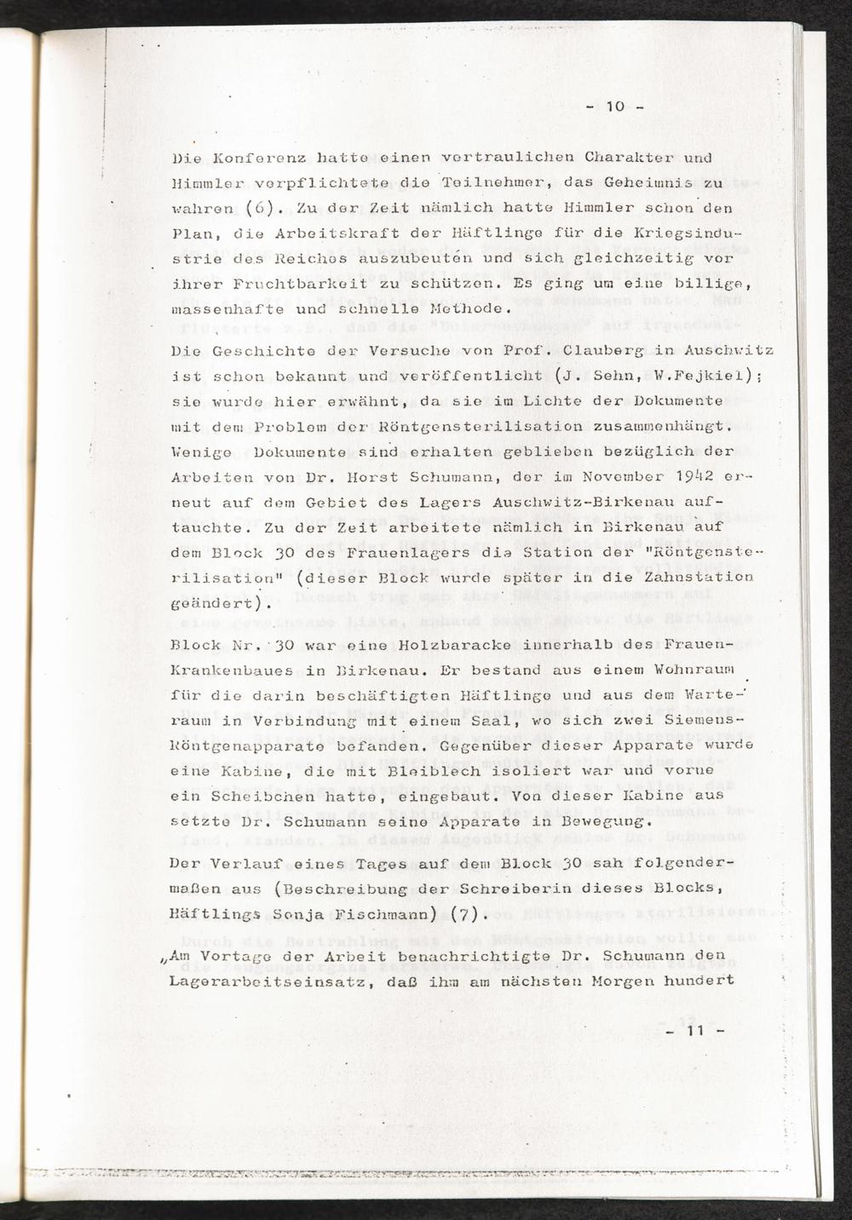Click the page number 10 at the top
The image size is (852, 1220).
[615, 107]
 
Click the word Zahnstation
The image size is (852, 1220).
[699, 577]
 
